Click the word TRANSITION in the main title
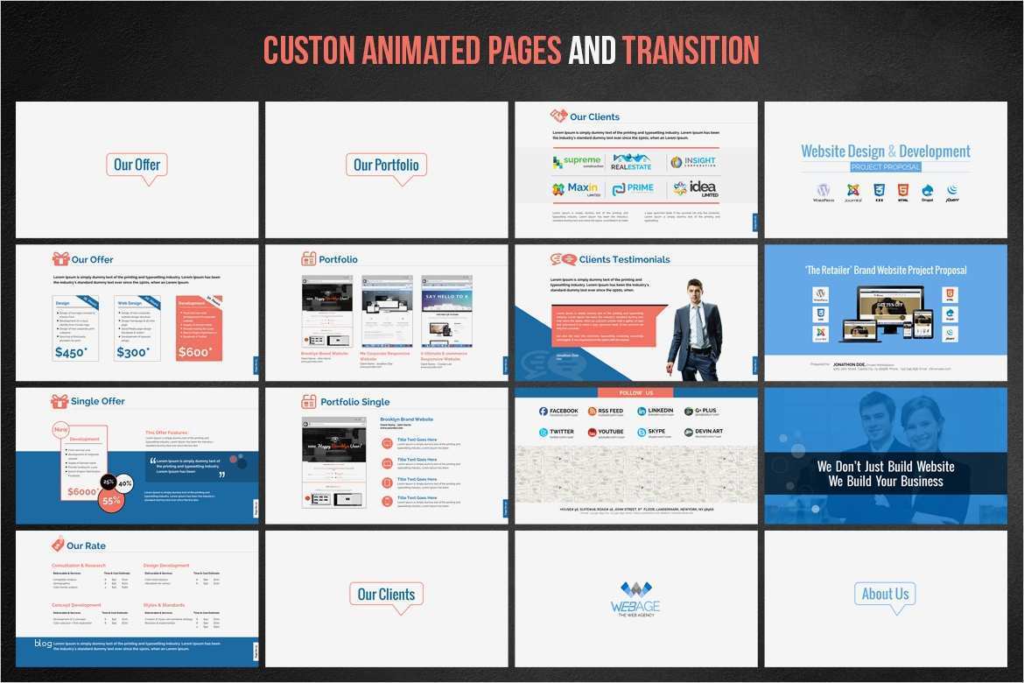[691, 50]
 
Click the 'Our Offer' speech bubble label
[137, 165]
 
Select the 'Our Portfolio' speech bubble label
[386, 165]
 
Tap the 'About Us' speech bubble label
[885, 594]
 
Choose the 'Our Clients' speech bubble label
[386, 594]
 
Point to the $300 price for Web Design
[132, 352]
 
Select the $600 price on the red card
[194, 352]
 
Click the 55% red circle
[111, 501]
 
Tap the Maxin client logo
[575, 188]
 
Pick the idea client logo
[695, 188]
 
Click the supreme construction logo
[577, 162]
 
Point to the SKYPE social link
[656, 433]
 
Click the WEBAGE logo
[635, 598]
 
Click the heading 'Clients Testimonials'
[624, 259]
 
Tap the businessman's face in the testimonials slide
[696, 291]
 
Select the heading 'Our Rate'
[86, 546]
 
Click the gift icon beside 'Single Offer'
[60, 401]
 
